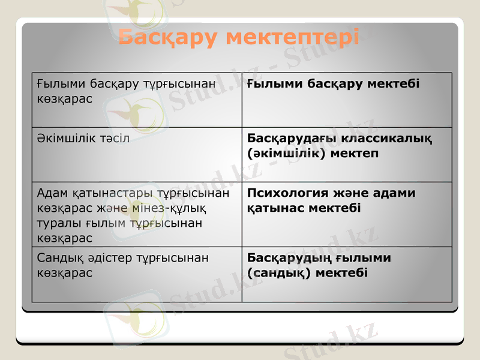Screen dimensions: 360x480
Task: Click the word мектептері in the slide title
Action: tap(292, 37)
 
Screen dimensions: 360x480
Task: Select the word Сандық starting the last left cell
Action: tap(57, 257)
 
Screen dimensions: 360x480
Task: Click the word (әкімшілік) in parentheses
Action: tap(284, 153)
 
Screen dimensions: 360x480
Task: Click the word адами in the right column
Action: tap(394, 193)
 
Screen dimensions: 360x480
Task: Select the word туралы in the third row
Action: tap(56, 223)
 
